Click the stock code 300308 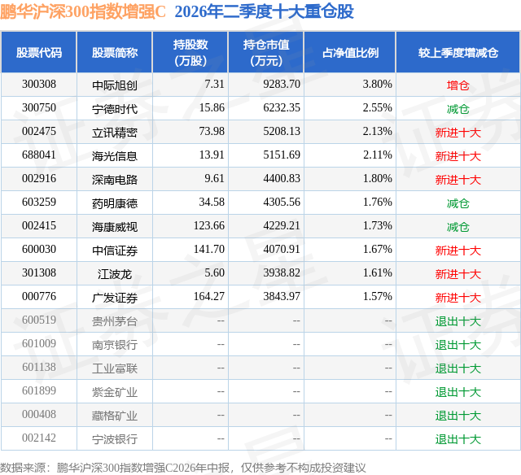click(x=39, y=85)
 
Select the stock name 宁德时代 click(x=115, y=108)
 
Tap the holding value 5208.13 click(x=282, y=132)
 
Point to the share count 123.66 click(x=209, y=226)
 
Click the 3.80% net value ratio click(x=377, y=85)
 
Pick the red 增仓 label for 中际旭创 click(x=458, y=85)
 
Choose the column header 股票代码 click(x=39, y=52)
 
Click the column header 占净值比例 click(x=350, y=52)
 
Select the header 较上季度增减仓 click(x=458, y=52)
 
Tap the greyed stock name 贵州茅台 click(x=115, y=321)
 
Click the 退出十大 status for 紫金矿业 click(x=458, y=392)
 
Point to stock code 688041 click(x=39, y=155)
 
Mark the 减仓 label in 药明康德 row click(x=458, y=203)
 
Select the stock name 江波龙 click(x=115, y=274)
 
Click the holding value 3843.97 click(x=282, y=296)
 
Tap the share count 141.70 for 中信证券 click(x=209, y=249)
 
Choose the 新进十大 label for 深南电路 click(x=458, y=180)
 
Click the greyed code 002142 click(x=39, y=438)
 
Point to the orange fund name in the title click(x=83, y=12)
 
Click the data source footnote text click(x=182, y=468)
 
